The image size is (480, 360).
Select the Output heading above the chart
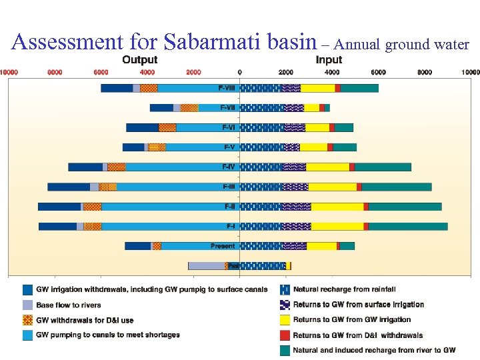pos(140,60)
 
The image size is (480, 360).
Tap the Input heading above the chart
pos(329,60)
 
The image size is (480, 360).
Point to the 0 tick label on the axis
pos(239,71)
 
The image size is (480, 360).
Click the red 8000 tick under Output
pos(55,71)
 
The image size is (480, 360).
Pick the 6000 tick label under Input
pos(378,71)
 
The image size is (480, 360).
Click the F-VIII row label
pos(227,88)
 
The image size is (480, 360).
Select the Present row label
pos(223,246)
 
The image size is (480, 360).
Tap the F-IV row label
pos(228,167)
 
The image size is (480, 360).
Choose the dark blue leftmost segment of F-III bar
pos(69,187)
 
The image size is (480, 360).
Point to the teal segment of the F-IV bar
pos(383,167)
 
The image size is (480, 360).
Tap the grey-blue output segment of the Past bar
pos(207,265)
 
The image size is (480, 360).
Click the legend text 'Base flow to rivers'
pos(69,305)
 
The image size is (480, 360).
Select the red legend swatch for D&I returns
pos(283,335)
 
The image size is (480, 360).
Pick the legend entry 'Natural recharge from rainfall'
pos(344,289)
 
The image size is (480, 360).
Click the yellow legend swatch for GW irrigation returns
pos(283,320)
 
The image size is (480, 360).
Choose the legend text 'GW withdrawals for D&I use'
pos(85,320)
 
